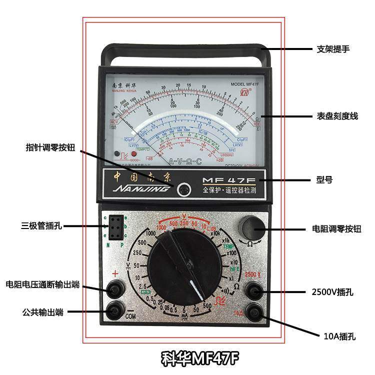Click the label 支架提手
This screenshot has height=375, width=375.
point(332,49)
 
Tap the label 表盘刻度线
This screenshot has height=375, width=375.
point(337,116)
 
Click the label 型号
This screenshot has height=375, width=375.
point(324,179)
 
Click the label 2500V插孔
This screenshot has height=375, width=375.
point(332,292)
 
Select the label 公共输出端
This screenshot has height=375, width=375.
point(42,312)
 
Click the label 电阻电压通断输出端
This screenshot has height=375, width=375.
point(42,284)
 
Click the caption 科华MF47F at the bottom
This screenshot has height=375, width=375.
point(200,358)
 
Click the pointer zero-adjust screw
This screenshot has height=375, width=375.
point(184,189)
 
